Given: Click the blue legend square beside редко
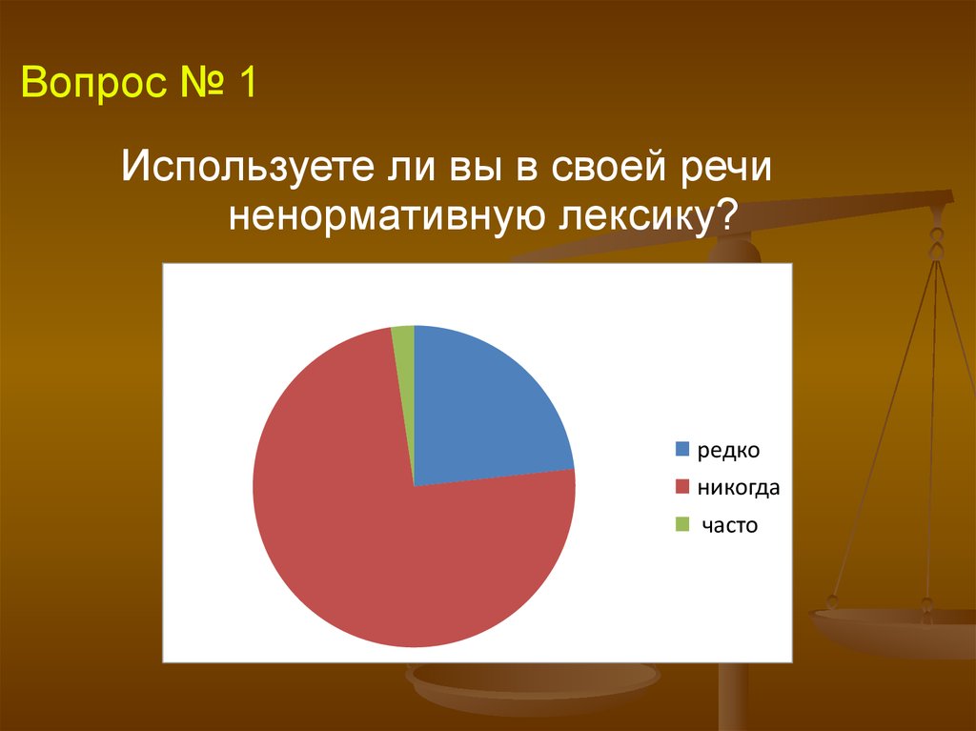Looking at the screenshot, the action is (682, 449).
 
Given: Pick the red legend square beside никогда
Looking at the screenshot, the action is (682, 486).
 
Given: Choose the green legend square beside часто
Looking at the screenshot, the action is (682, 524).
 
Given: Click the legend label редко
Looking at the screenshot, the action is (728, 450).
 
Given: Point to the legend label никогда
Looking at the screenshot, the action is (739, 487).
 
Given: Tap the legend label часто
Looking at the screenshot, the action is (729, 525).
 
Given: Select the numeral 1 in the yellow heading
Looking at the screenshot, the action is (247, 81).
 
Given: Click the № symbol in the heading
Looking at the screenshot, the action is (202, 81).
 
